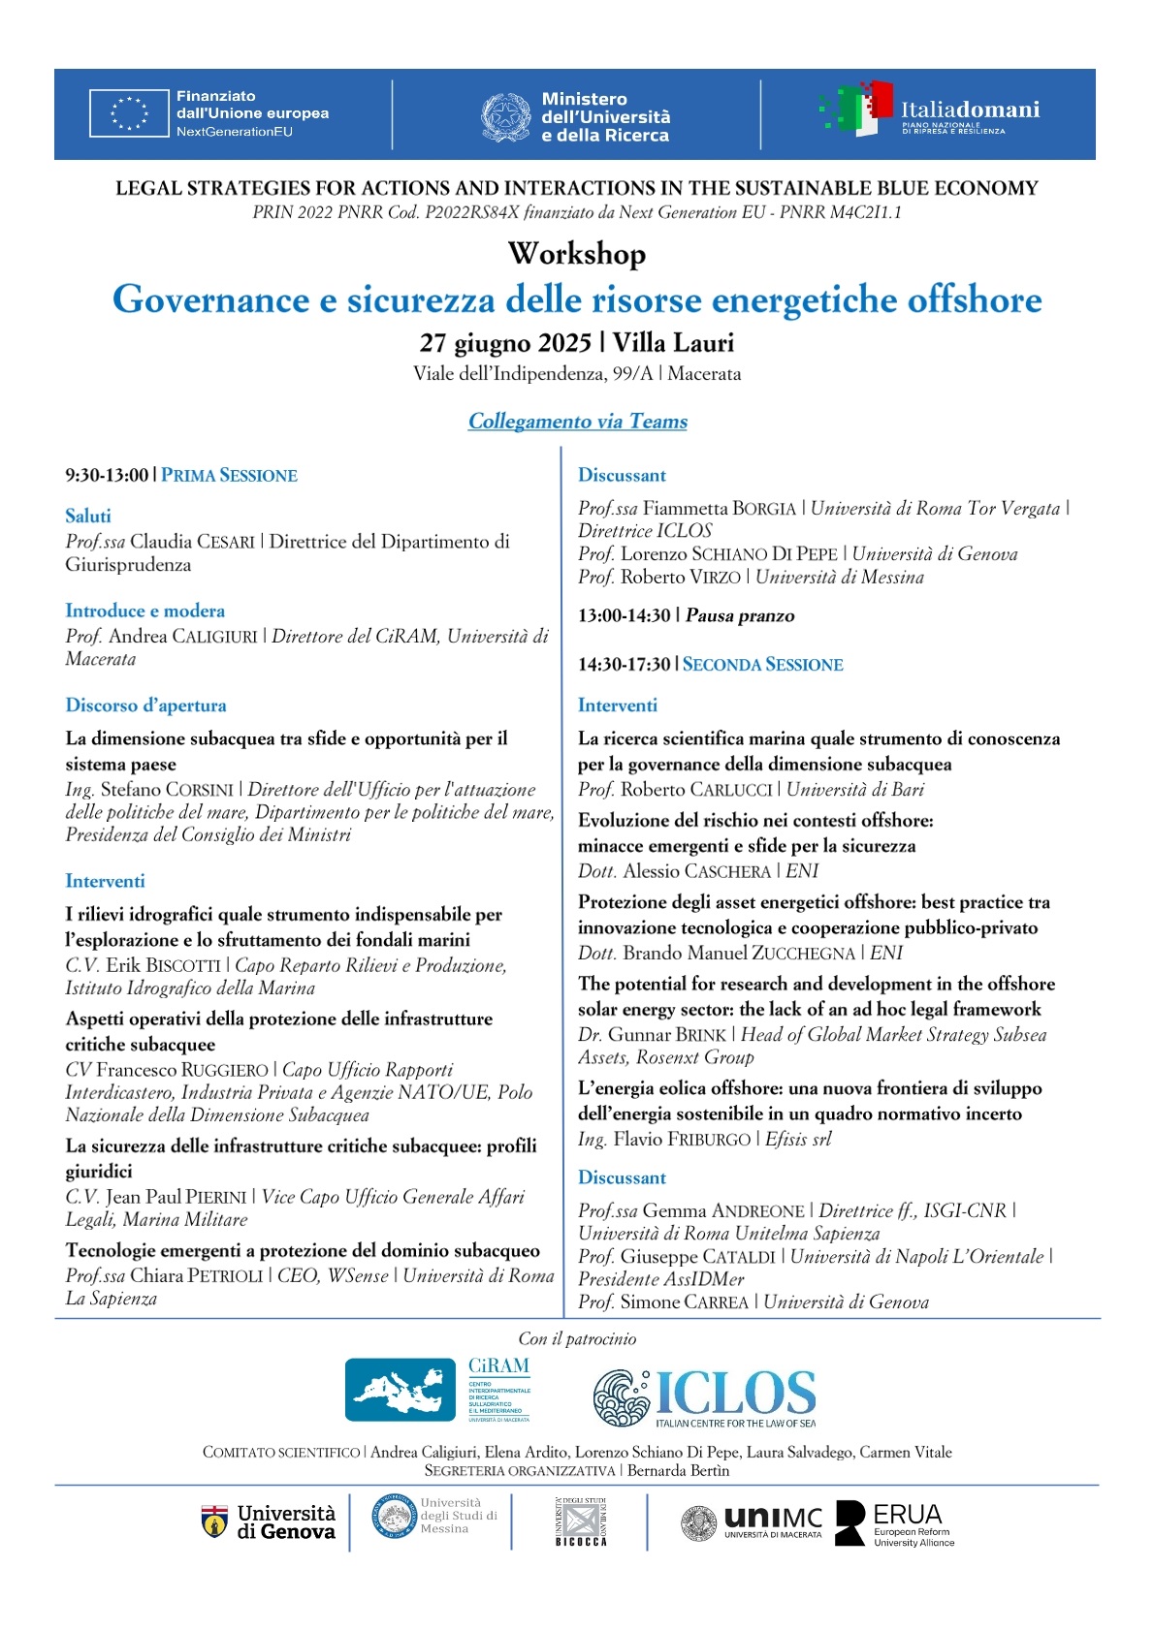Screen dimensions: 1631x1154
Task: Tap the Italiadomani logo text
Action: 970,110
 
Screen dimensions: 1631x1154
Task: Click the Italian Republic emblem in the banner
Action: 505,117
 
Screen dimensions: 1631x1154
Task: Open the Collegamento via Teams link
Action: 577,422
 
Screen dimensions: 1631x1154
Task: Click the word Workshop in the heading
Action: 577,254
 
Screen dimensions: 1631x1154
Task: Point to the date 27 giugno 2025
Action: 504,343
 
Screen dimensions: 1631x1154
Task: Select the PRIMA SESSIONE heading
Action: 230,476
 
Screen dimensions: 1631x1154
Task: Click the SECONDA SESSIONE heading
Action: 763,665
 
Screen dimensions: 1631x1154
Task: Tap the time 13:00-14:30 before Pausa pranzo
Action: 624,616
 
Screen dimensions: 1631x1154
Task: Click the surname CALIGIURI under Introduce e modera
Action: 214,637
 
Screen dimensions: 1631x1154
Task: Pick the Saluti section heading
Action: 88,517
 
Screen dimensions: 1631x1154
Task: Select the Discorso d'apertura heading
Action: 145,706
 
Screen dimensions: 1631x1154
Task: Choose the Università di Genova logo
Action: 269,1522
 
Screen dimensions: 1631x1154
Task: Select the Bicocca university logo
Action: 581,1522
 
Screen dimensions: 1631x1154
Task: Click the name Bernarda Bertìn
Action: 678,1471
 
